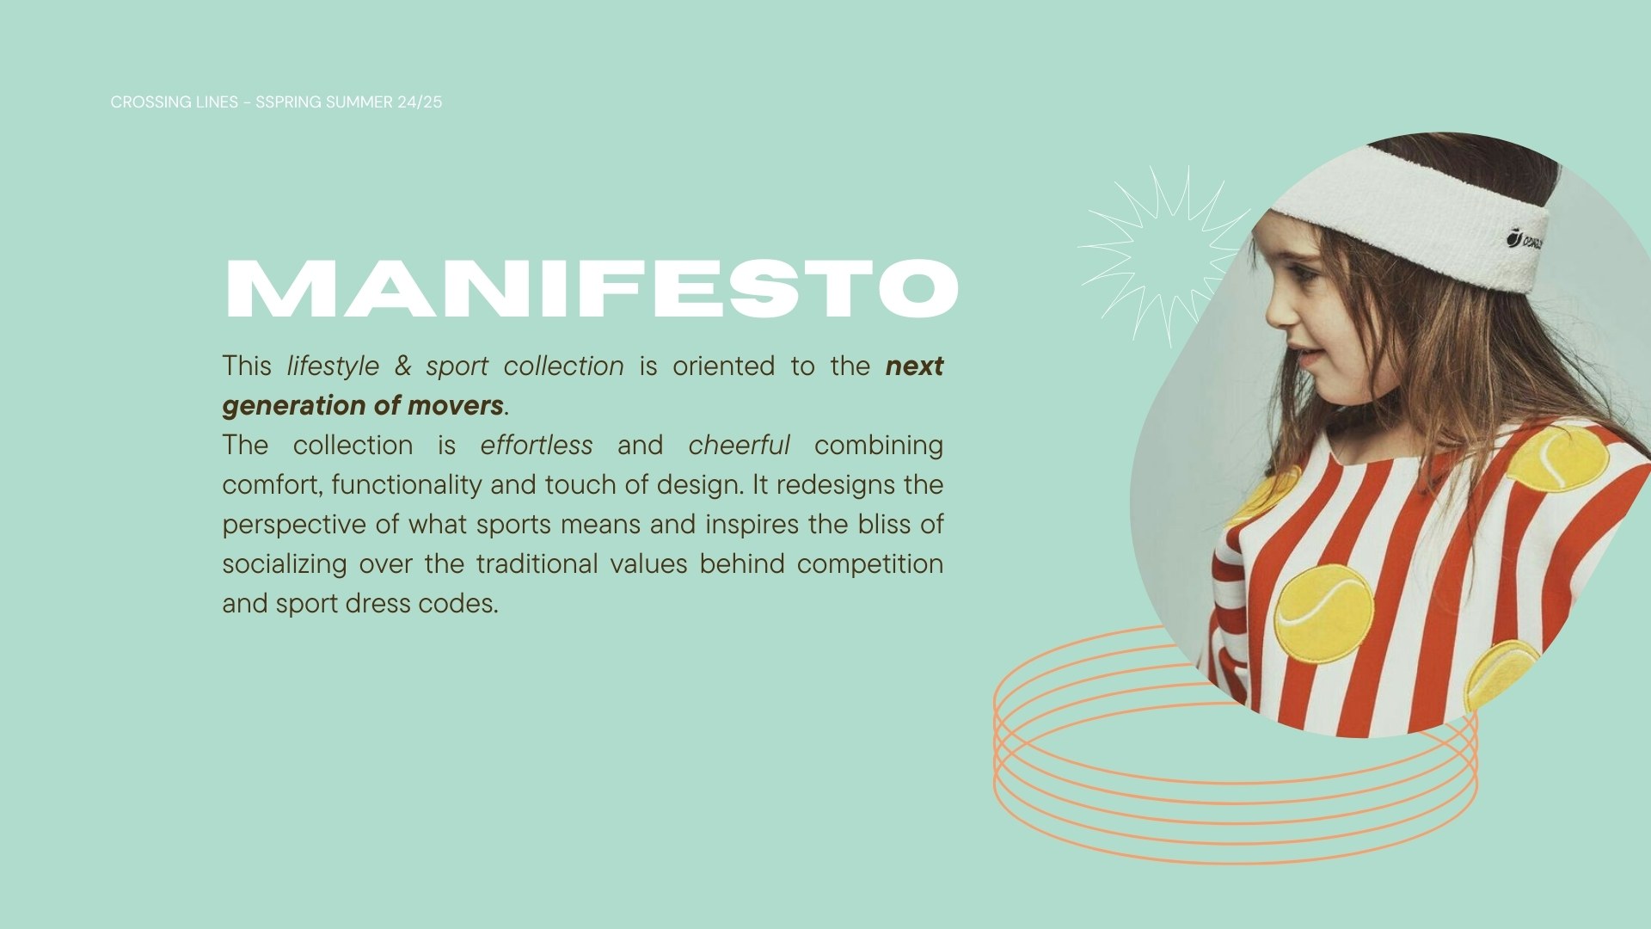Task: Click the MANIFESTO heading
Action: click(592, 288)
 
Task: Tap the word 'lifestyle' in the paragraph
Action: click(333, 366)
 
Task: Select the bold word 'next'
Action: click(914, 366)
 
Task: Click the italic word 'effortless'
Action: click(537, 445)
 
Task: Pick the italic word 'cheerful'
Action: click(739, 445)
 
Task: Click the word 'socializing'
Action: click(285, 564)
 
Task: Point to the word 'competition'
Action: click(870, 564)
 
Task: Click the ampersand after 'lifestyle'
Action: click(402, 366)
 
